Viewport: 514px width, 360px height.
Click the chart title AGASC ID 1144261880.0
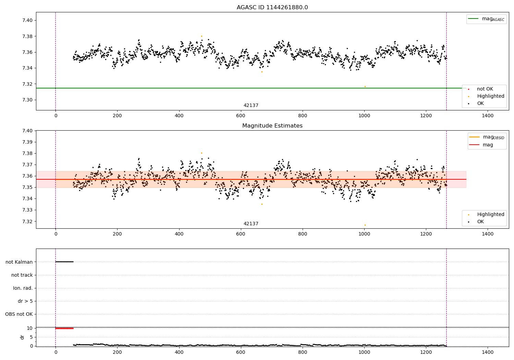coord(272,8)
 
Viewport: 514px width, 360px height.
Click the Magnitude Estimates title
coord(272,126)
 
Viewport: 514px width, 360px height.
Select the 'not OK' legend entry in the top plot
coord(485,89)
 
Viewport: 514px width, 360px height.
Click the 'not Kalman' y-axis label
coord(19,262)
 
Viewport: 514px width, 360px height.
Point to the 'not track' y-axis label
coord(22,275)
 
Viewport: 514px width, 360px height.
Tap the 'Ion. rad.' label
coord(23,288)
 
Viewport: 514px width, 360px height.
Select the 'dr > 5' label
coord(25,301)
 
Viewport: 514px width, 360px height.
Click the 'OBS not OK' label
coord(19,314)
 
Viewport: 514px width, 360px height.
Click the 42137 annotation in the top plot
coord(251,106)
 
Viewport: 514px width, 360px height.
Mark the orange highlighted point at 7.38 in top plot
coord(201,36)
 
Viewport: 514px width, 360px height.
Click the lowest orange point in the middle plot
coord(365,225)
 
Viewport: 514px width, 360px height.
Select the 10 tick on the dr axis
coord(29,328)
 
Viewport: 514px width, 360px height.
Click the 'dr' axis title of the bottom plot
coord(22,337)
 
